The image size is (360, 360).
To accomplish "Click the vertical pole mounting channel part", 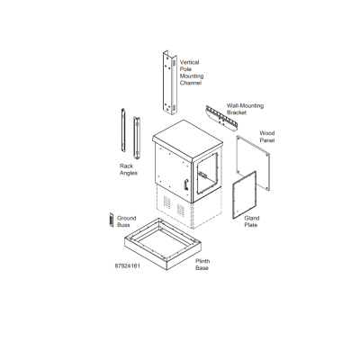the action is tap(170, 83).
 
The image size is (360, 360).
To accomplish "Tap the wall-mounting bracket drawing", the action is tap(221, 118).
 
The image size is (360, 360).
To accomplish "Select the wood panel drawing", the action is tap(253, 163).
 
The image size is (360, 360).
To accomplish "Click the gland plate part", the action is tap(245, 194).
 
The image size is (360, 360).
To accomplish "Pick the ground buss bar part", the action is tap(112, 220).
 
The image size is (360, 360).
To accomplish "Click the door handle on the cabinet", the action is tap(186, 184).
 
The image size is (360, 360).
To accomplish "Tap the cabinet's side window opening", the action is tap(207, 174).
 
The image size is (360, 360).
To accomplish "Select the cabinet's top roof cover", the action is tap(188, 139).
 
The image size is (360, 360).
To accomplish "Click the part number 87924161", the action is tap(128, 265).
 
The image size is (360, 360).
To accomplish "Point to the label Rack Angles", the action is tap(129, 169).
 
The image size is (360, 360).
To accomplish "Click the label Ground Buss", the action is tap(127, 221).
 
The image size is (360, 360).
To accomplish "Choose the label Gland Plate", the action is tap(252, 221).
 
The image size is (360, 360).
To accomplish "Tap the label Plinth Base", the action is tap(202, 265).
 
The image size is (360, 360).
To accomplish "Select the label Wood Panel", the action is tap(267, 137).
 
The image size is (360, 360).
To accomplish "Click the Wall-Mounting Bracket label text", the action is tap(245, 109).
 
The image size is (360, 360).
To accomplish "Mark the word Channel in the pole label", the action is tap(191, 83).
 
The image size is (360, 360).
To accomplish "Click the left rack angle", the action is tap(123, 130).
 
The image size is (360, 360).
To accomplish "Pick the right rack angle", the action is tap(137, 138).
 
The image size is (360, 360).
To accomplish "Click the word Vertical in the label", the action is tap(189, 62).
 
